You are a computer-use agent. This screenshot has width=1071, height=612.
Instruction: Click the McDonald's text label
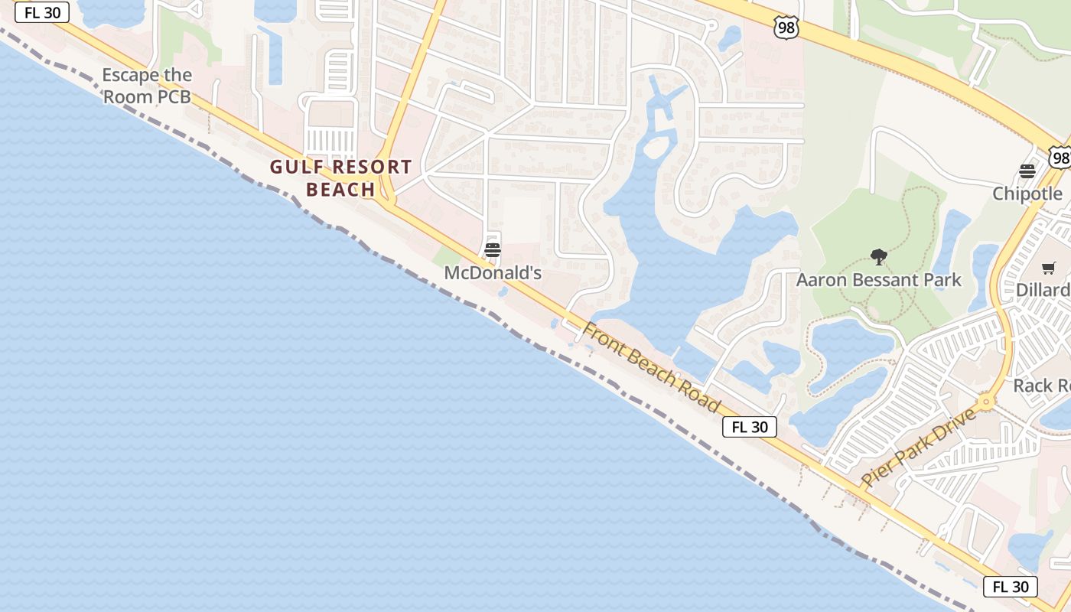493,272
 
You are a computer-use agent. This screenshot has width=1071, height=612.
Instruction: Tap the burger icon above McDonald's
493,250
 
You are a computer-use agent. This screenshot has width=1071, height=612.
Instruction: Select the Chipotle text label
1027,194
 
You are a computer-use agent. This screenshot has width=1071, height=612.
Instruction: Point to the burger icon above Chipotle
1027,171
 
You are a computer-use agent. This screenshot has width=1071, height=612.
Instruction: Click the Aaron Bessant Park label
878,280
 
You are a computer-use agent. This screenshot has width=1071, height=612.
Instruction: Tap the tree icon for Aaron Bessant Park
878,257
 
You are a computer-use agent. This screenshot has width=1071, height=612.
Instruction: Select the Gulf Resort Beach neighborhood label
340,178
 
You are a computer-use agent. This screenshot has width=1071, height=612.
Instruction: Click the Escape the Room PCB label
147,86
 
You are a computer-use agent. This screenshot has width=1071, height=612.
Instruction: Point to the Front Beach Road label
652,367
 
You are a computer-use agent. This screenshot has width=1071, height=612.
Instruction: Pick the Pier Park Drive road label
919,448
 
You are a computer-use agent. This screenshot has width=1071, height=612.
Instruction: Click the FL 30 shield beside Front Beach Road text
750,427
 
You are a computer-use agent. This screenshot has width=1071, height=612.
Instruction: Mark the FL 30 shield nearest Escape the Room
42,13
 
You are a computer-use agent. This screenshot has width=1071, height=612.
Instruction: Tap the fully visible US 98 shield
786,28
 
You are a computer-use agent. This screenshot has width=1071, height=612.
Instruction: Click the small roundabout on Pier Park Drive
986,401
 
